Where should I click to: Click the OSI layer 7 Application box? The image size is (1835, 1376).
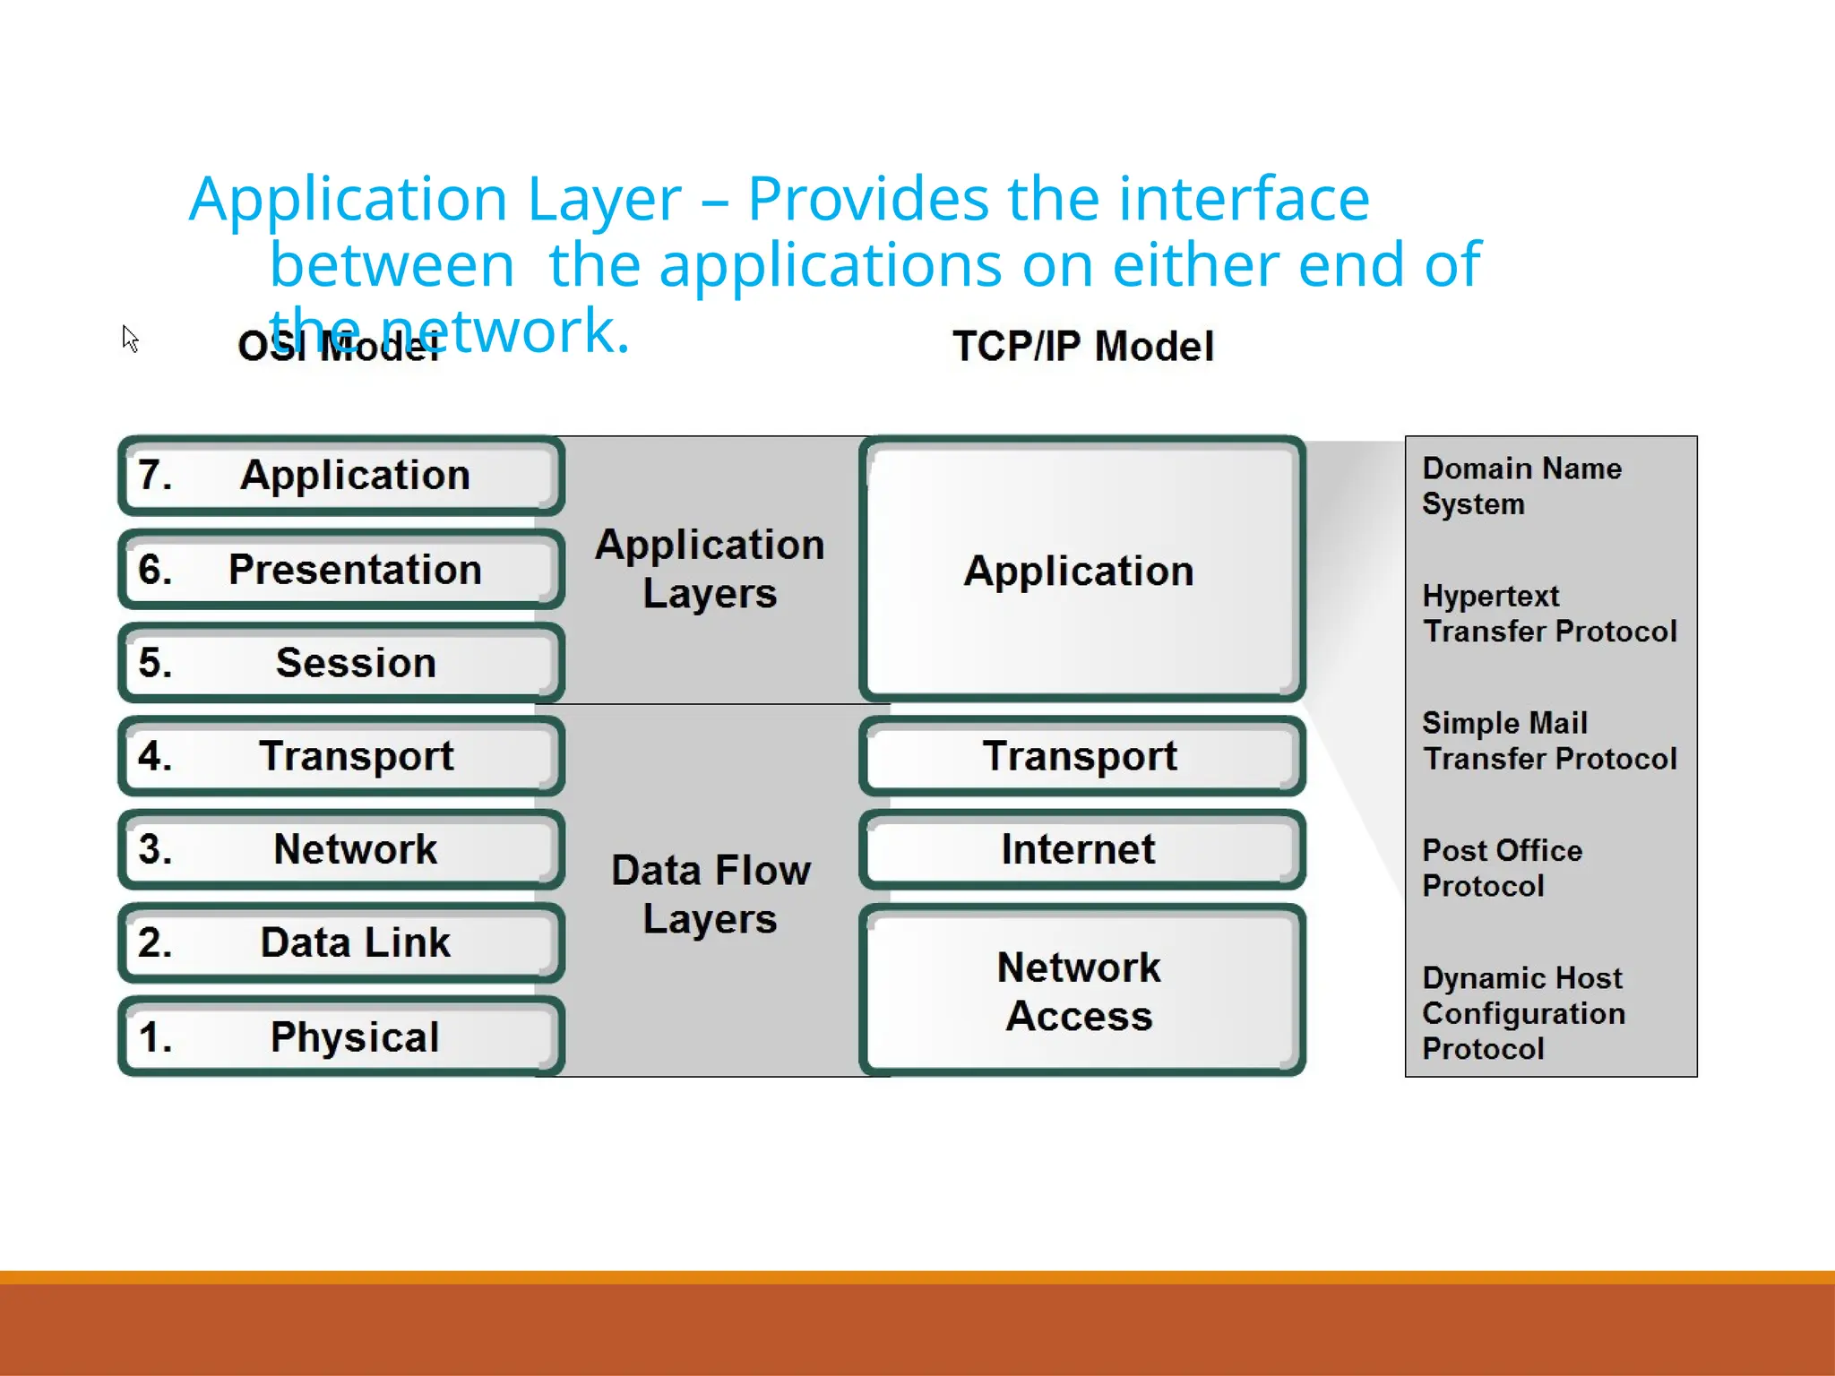pyautogui.click(x=341, y=476)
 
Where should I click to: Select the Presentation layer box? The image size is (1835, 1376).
pyautogui.click(x=341, y=570)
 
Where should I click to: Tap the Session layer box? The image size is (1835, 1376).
pyautogui.click(x=341, y=663)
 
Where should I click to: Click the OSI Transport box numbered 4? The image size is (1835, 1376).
pyautogui.click(x=341, y=756)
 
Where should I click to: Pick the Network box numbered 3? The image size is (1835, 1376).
pyautogui.click(x=341, y=849)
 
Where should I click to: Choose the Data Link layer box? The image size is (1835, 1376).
pyautogui.click(x=341, y=942)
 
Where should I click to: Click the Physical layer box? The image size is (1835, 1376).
pyautogui.click(x=341, y=1036)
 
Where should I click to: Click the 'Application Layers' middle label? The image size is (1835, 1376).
pyautogui.click(x=710, y=569)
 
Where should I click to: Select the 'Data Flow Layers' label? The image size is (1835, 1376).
pyautogui.click(x=711, y=894)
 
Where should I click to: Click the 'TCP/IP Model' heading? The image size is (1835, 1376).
pyautogui.click(x=1082, y=347)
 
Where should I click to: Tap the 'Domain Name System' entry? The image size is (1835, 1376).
pyautogui.click(x=1521, y=486)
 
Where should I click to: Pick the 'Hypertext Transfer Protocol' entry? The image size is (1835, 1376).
pyautogui.click(x=1548, y=614)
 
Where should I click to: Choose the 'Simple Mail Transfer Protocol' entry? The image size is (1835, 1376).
pyautogui.click(x=1548, y=741)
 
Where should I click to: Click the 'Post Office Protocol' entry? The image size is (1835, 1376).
pyautogui.click(x=1502, y=867)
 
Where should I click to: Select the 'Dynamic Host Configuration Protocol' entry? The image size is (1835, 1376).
pyautogui.click(x=1523, y=1013)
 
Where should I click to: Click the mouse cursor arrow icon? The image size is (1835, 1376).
pyautogui.click(x=130, y=338)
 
